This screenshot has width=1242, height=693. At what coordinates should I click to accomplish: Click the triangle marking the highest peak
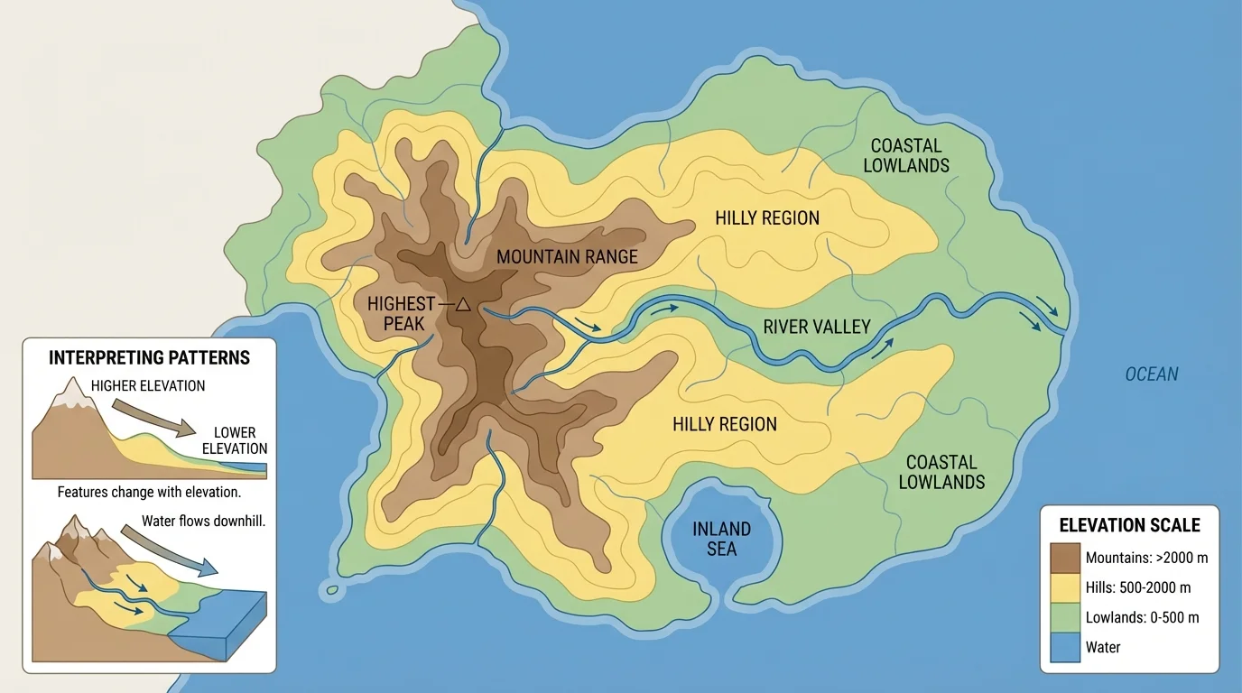[x=463, y=305]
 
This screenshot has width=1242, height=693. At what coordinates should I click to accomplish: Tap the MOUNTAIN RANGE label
[x=567, y=257]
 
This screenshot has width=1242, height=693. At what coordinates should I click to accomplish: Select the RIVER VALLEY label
[x=816, y=327]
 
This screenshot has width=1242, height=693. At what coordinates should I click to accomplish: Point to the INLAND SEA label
[x=721, y=538]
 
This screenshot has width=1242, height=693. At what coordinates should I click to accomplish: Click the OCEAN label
[x=1151, y=374]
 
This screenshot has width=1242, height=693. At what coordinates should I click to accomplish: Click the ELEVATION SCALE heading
[x=1129, y=525]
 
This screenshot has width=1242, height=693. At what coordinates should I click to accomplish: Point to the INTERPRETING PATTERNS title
[x=149, y=357]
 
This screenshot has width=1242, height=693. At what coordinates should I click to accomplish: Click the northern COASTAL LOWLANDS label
[x=906, y=155]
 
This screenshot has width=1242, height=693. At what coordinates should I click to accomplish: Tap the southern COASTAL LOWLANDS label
[x=941, y=472]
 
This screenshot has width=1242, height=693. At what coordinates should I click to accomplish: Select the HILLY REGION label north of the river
[x=766, y=218]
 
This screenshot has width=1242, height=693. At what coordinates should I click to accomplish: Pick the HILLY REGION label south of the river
[x=724, y=424]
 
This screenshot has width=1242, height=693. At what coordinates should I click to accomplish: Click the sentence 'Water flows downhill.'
[x=203, y=522]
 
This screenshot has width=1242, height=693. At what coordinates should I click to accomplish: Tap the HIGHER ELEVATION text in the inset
[x=148, y=386]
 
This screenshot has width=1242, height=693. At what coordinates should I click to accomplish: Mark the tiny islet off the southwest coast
[x=332, y=590]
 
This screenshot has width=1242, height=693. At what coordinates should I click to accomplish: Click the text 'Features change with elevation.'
[x=149, y=493]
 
